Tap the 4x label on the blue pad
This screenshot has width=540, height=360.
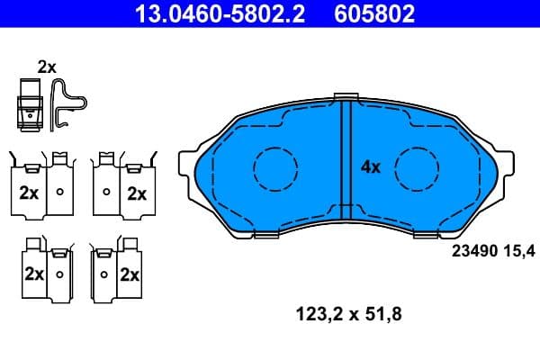(x=371, y=166)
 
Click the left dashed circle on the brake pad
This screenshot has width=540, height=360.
(x=275, y=167)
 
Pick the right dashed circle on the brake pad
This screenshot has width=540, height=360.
(x=416, y=167)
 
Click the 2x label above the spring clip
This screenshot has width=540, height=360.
(x=47, y=66)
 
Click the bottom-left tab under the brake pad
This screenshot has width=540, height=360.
(x=267, y=235)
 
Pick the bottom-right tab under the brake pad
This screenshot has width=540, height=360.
(x=421, y=235)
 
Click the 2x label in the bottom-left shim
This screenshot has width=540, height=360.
(x=33, y=274)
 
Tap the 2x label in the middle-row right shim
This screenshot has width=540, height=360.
(x=137, y=193)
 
